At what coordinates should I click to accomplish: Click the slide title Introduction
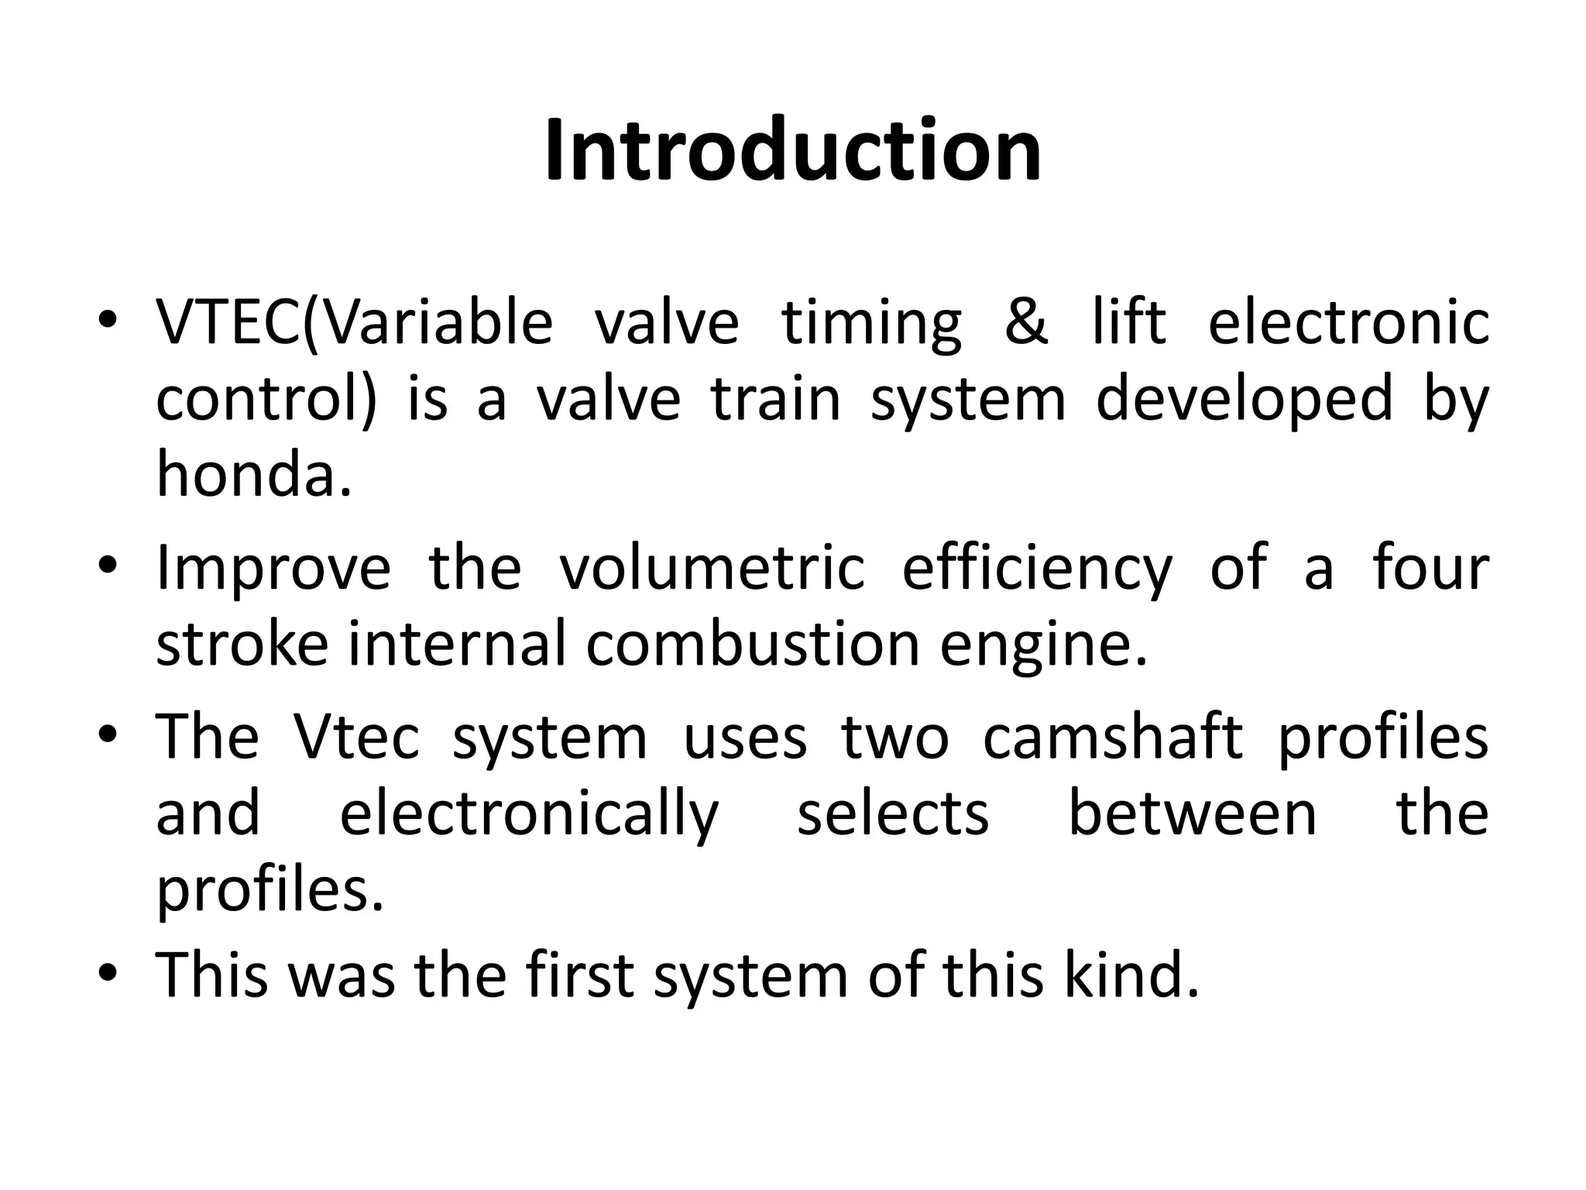click(x=792, y=150)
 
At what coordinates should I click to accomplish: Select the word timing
click(x=871, y=324)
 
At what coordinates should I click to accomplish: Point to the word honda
click(x=254, y=474)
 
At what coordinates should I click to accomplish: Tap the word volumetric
click(x=711, y=568)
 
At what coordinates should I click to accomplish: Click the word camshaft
click(x=1113, y=737)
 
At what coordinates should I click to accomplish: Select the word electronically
click(x=530, y=815)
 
